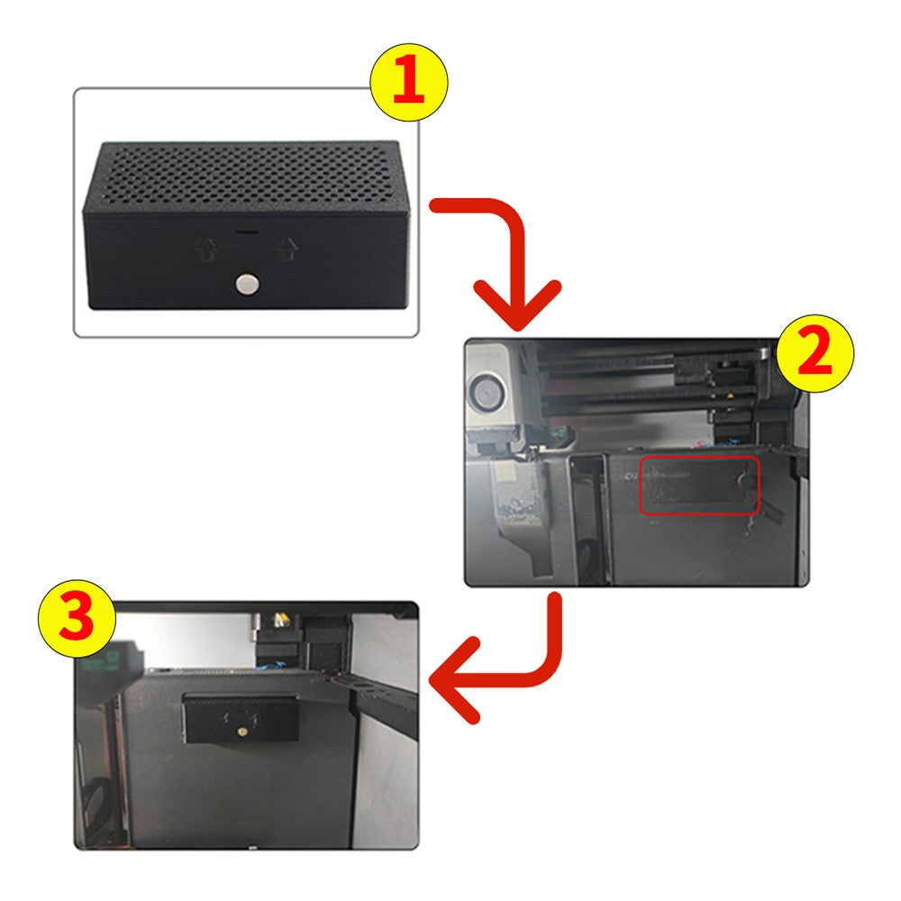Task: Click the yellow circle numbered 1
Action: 408,82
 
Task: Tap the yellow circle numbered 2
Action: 815,353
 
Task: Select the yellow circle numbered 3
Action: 77,619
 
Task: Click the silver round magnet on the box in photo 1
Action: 248,284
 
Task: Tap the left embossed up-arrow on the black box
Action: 205,250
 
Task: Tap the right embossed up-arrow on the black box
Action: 287,249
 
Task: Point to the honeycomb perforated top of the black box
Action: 247,172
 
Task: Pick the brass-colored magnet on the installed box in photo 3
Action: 241,732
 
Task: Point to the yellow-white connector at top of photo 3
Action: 281,620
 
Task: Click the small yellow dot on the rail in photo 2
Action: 729,396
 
